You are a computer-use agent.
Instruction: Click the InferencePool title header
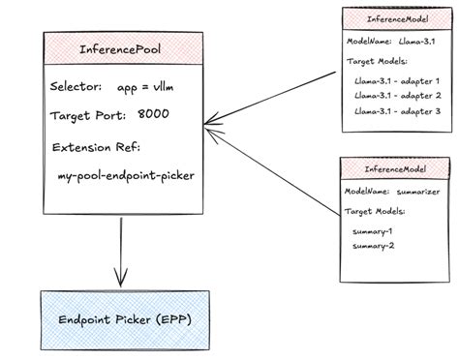[x=121, y=47]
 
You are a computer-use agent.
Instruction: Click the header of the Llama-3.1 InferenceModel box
[x=399, y=19]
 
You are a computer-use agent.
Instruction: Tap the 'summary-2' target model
[x=372, y=246]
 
